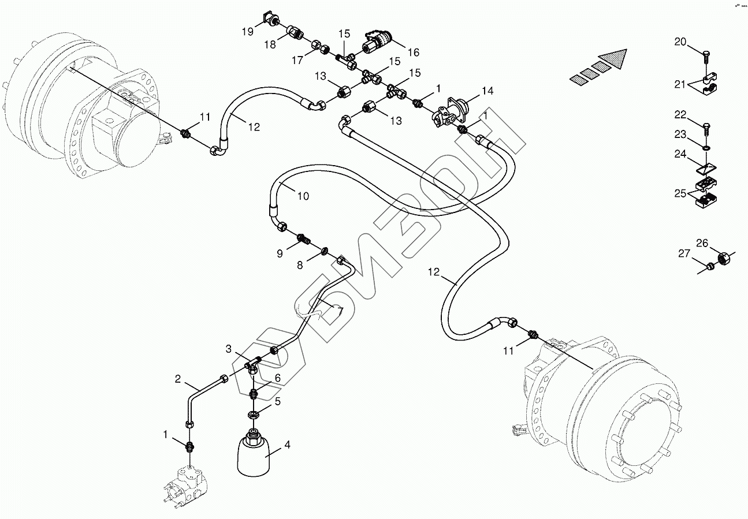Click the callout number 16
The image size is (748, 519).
point(414,52)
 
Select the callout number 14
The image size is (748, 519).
point(487,91)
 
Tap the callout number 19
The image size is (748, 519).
point(248,32)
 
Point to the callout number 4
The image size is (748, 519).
point(287,445)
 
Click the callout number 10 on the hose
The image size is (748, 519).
point(303,196)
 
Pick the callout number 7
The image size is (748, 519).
point(340,311)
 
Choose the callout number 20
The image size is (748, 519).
point(680,42)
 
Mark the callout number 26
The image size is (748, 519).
point(702,243)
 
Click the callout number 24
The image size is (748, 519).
point(680,154)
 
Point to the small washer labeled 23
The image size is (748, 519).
point(706,147)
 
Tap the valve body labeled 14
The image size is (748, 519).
point(452,113)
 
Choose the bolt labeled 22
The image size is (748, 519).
point(706,129)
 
